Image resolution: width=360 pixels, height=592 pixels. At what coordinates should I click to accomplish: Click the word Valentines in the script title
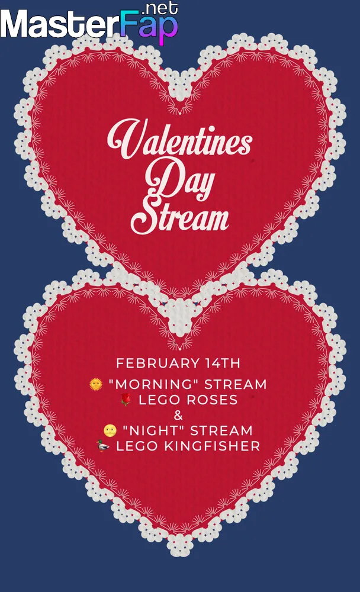(180, 139)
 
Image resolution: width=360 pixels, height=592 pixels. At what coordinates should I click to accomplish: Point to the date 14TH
(223, 363)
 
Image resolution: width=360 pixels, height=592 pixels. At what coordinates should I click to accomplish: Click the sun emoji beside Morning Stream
(96, 384)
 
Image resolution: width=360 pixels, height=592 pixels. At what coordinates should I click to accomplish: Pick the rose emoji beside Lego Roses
(126, 400)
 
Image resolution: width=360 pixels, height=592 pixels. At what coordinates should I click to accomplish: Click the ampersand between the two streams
(178, 416)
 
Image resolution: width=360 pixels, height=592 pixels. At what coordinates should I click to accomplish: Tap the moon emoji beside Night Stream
(110, 430)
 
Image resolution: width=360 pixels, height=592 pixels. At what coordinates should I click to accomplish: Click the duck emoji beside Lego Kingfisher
(103, 446)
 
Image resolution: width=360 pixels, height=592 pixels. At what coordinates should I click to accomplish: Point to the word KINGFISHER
(213, 446)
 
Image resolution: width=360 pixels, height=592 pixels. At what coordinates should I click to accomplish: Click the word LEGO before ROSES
(160, 400)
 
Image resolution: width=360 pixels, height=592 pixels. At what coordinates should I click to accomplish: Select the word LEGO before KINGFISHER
(137, 446)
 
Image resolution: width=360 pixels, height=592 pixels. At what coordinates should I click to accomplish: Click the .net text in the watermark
(160, 8)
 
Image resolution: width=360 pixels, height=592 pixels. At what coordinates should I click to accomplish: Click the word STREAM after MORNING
(236, 384)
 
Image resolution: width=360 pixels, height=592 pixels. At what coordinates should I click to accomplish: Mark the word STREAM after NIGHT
(221, 431)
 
